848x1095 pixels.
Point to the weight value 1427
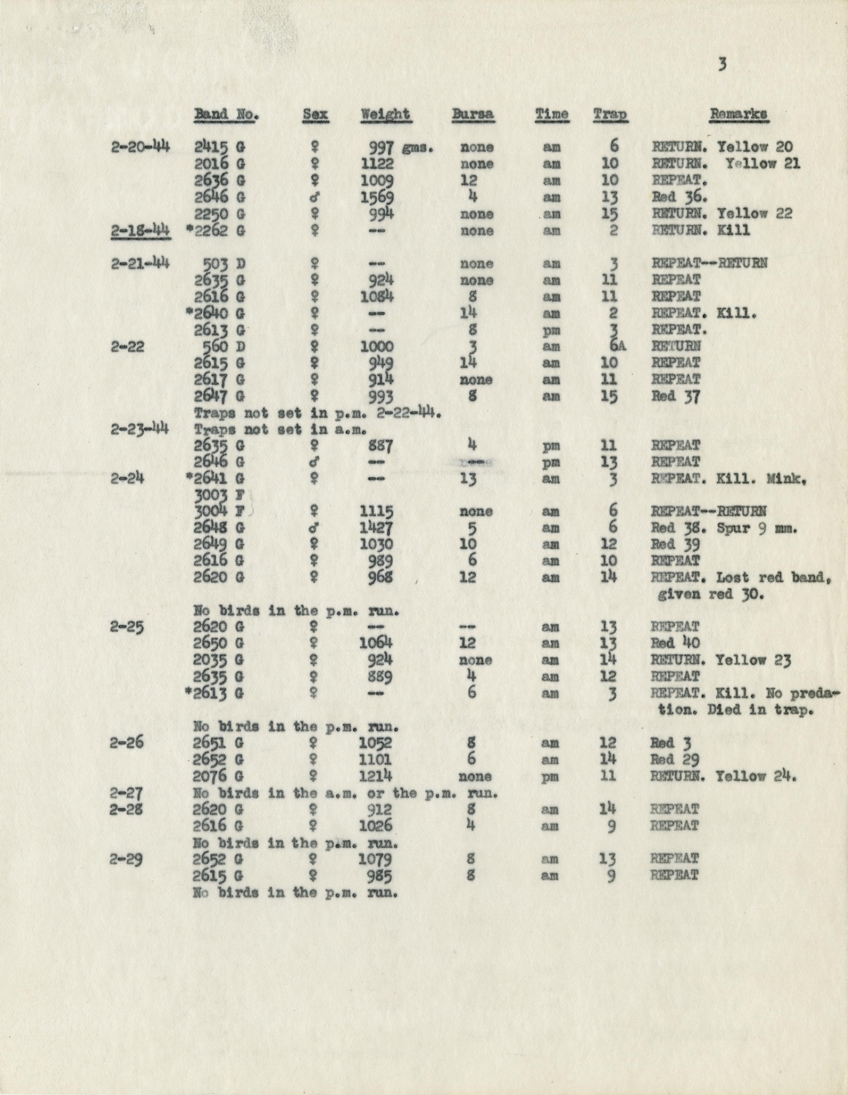(x=377, y=528)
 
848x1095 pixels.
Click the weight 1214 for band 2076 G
(x=376, y=776)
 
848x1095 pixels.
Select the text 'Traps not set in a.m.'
(x=279, y=430)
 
